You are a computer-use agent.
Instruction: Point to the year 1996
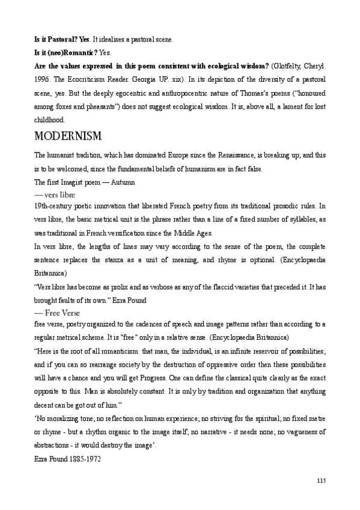41,79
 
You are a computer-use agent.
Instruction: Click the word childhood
48,120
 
